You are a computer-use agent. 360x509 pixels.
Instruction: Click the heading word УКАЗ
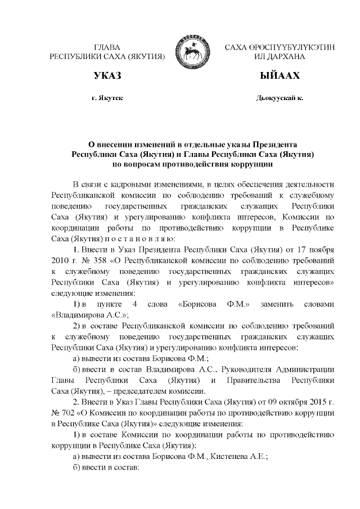click(x=106, y=75)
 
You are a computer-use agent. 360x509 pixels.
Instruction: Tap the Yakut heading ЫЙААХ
click(x=280, y=75)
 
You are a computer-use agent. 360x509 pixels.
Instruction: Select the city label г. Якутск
click(x=107, y=98)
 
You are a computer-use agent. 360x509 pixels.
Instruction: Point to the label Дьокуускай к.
click(x=280, y=98)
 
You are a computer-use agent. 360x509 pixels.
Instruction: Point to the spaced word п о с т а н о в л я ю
click(x=129, y=239)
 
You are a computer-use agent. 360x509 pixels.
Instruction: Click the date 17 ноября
click(x=318, y=250)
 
